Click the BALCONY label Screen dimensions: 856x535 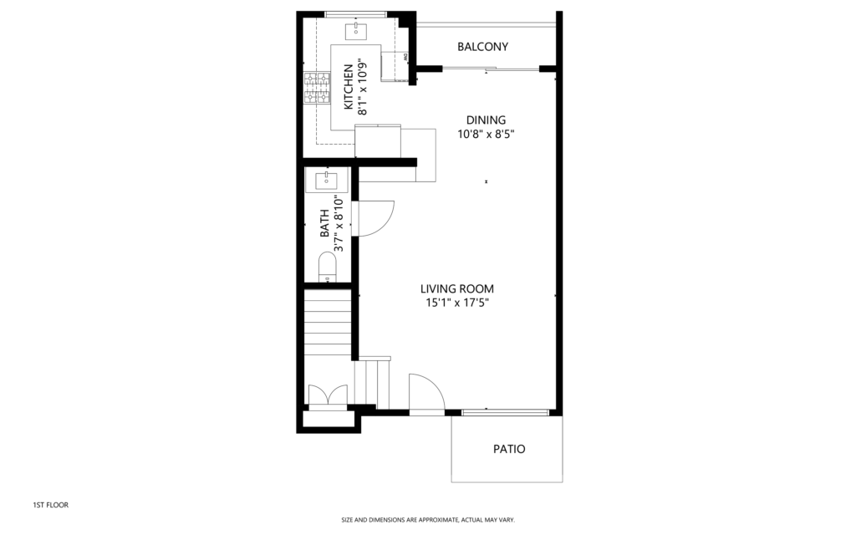482,47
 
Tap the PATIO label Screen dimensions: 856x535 509,449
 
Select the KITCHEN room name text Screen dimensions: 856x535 349,87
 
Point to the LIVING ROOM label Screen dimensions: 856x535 457,288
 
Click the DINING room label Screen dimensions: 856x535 486,120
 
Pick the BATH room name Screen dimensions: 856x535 325,223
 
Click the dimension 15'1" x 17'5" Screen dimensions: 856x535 457,303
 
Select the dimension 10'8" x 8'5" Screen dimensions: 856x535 486,135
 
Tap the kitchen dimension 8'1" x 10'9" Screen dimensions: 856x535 362,87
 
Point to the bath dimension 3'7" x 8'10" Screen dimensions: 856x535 339,223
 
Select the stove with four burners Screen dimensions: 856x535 317,88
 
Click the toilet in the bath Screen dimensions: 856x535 328,267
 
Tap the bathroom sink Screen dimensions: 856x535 326,181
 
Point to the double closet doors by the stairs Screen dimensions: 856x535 328,395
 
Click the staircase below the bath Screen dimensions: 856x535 328,324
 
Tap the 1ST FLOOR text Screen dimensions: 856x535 51,505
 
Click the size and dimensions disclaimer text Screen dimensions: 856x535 428,520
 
